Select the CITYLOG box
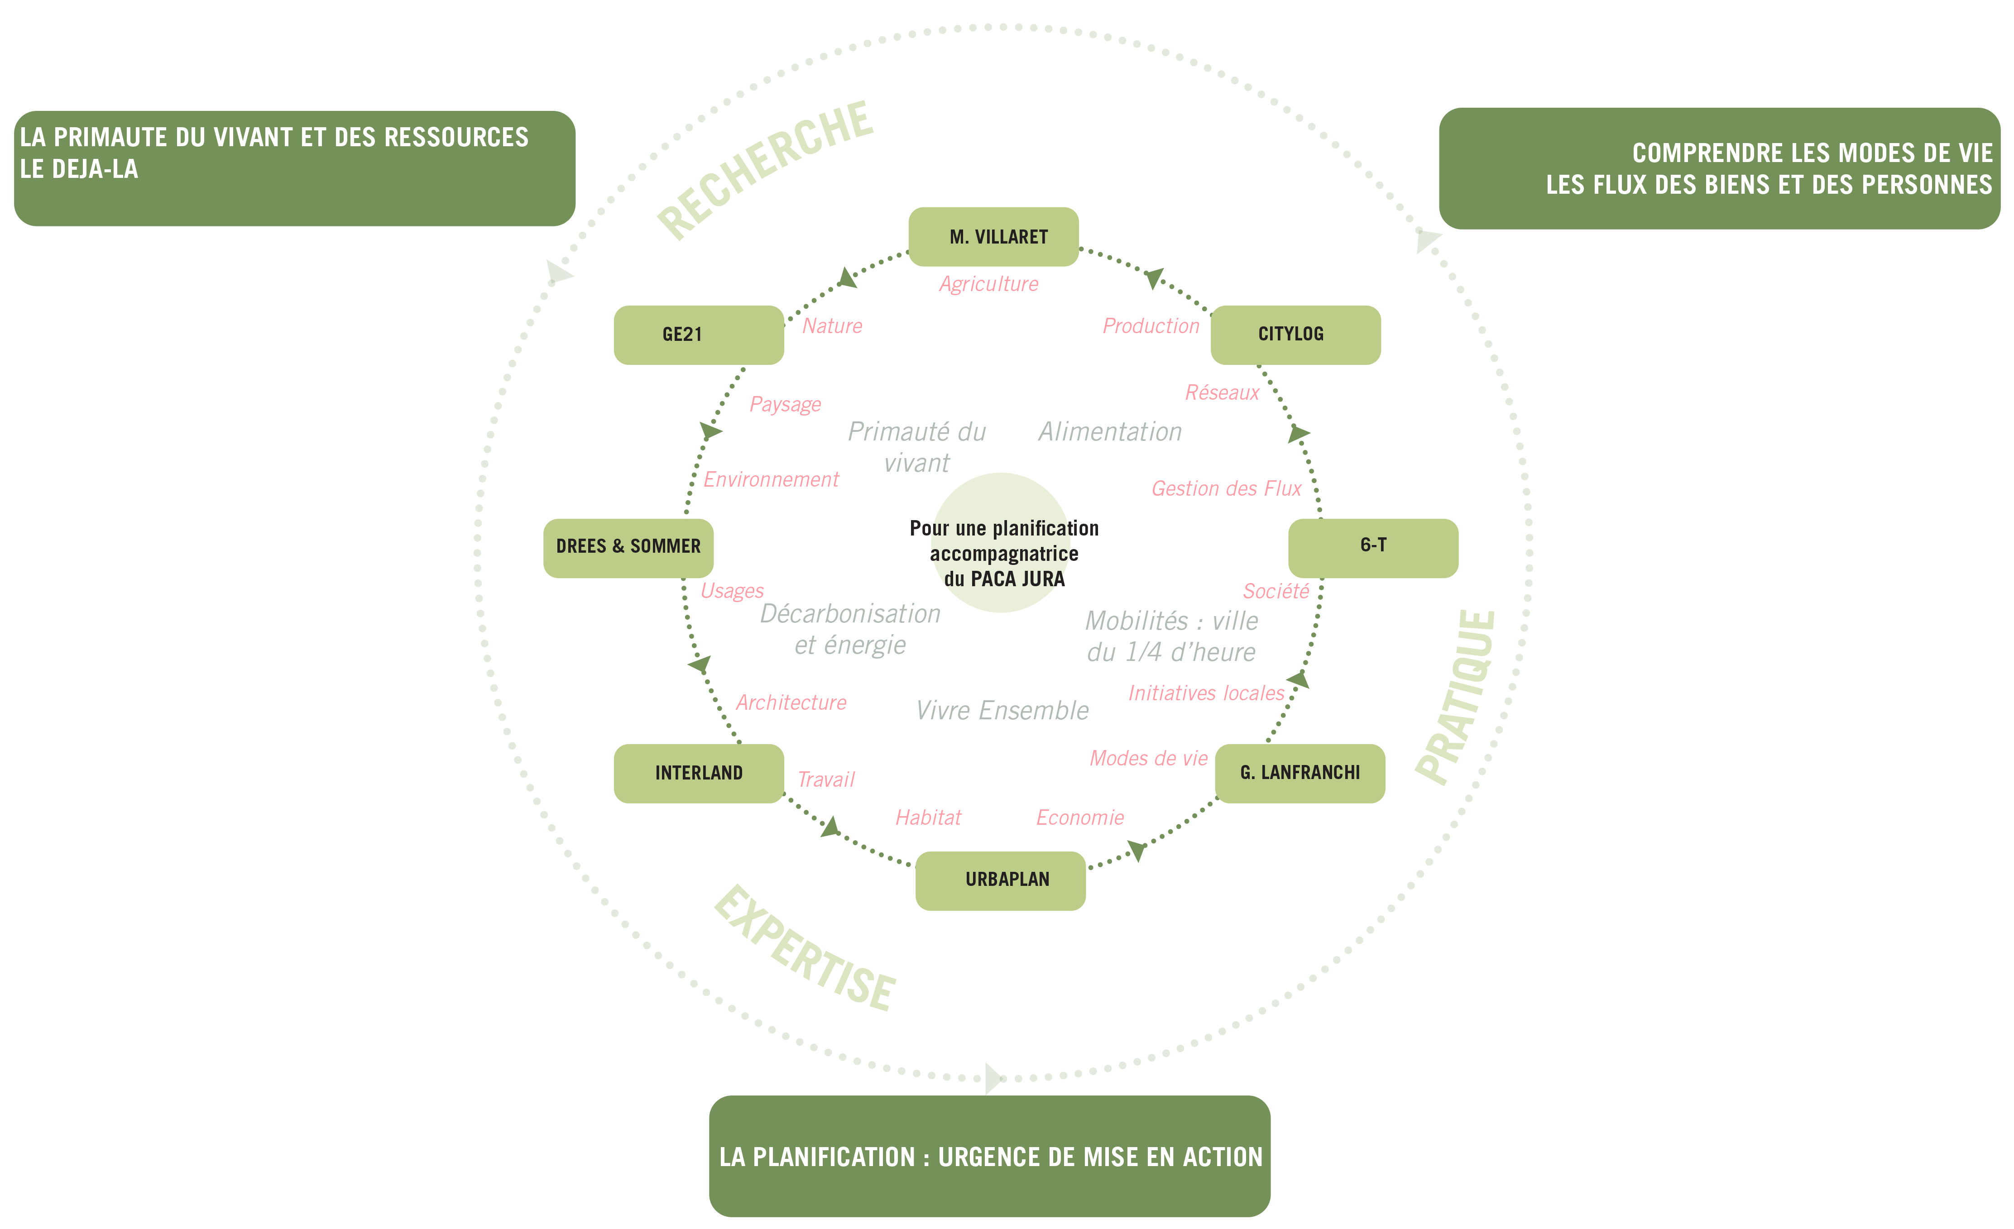point(1295,335)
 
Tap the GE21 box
point(699,335)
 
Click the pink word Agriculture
point(989,284)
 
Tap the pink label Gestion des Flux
point(1226,489)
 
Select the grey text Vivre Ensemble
point(1002,710)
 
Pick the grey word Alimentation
point(1110,431)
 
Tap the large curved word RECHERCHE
point(766,170)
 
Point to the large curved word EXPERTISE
point(805,948)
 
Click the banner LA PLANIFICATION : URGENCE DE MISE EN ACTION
point(990,1156)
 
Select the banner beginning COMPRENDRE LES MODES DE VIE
point(1720,168)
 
